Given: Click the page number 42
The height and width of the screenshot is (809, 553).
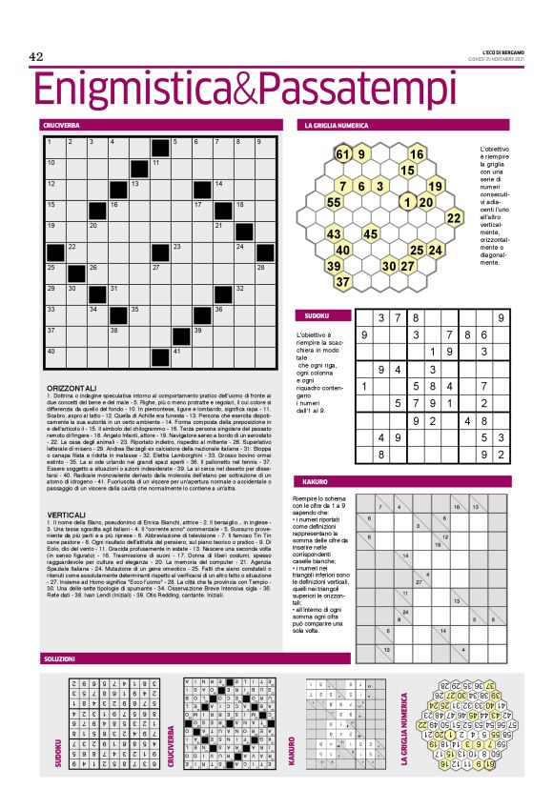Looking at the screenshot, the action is point(38,57).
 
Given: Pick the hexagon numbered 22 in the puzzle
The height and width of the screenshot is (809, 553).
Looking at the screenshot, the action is point(454,218).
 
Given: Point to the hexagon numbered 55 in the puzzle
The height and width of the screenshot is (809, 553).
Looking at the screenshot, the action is point(335,202).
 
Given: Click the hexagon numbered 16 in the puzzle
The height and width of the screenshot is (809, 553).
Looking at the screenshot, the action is point(417,154).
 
